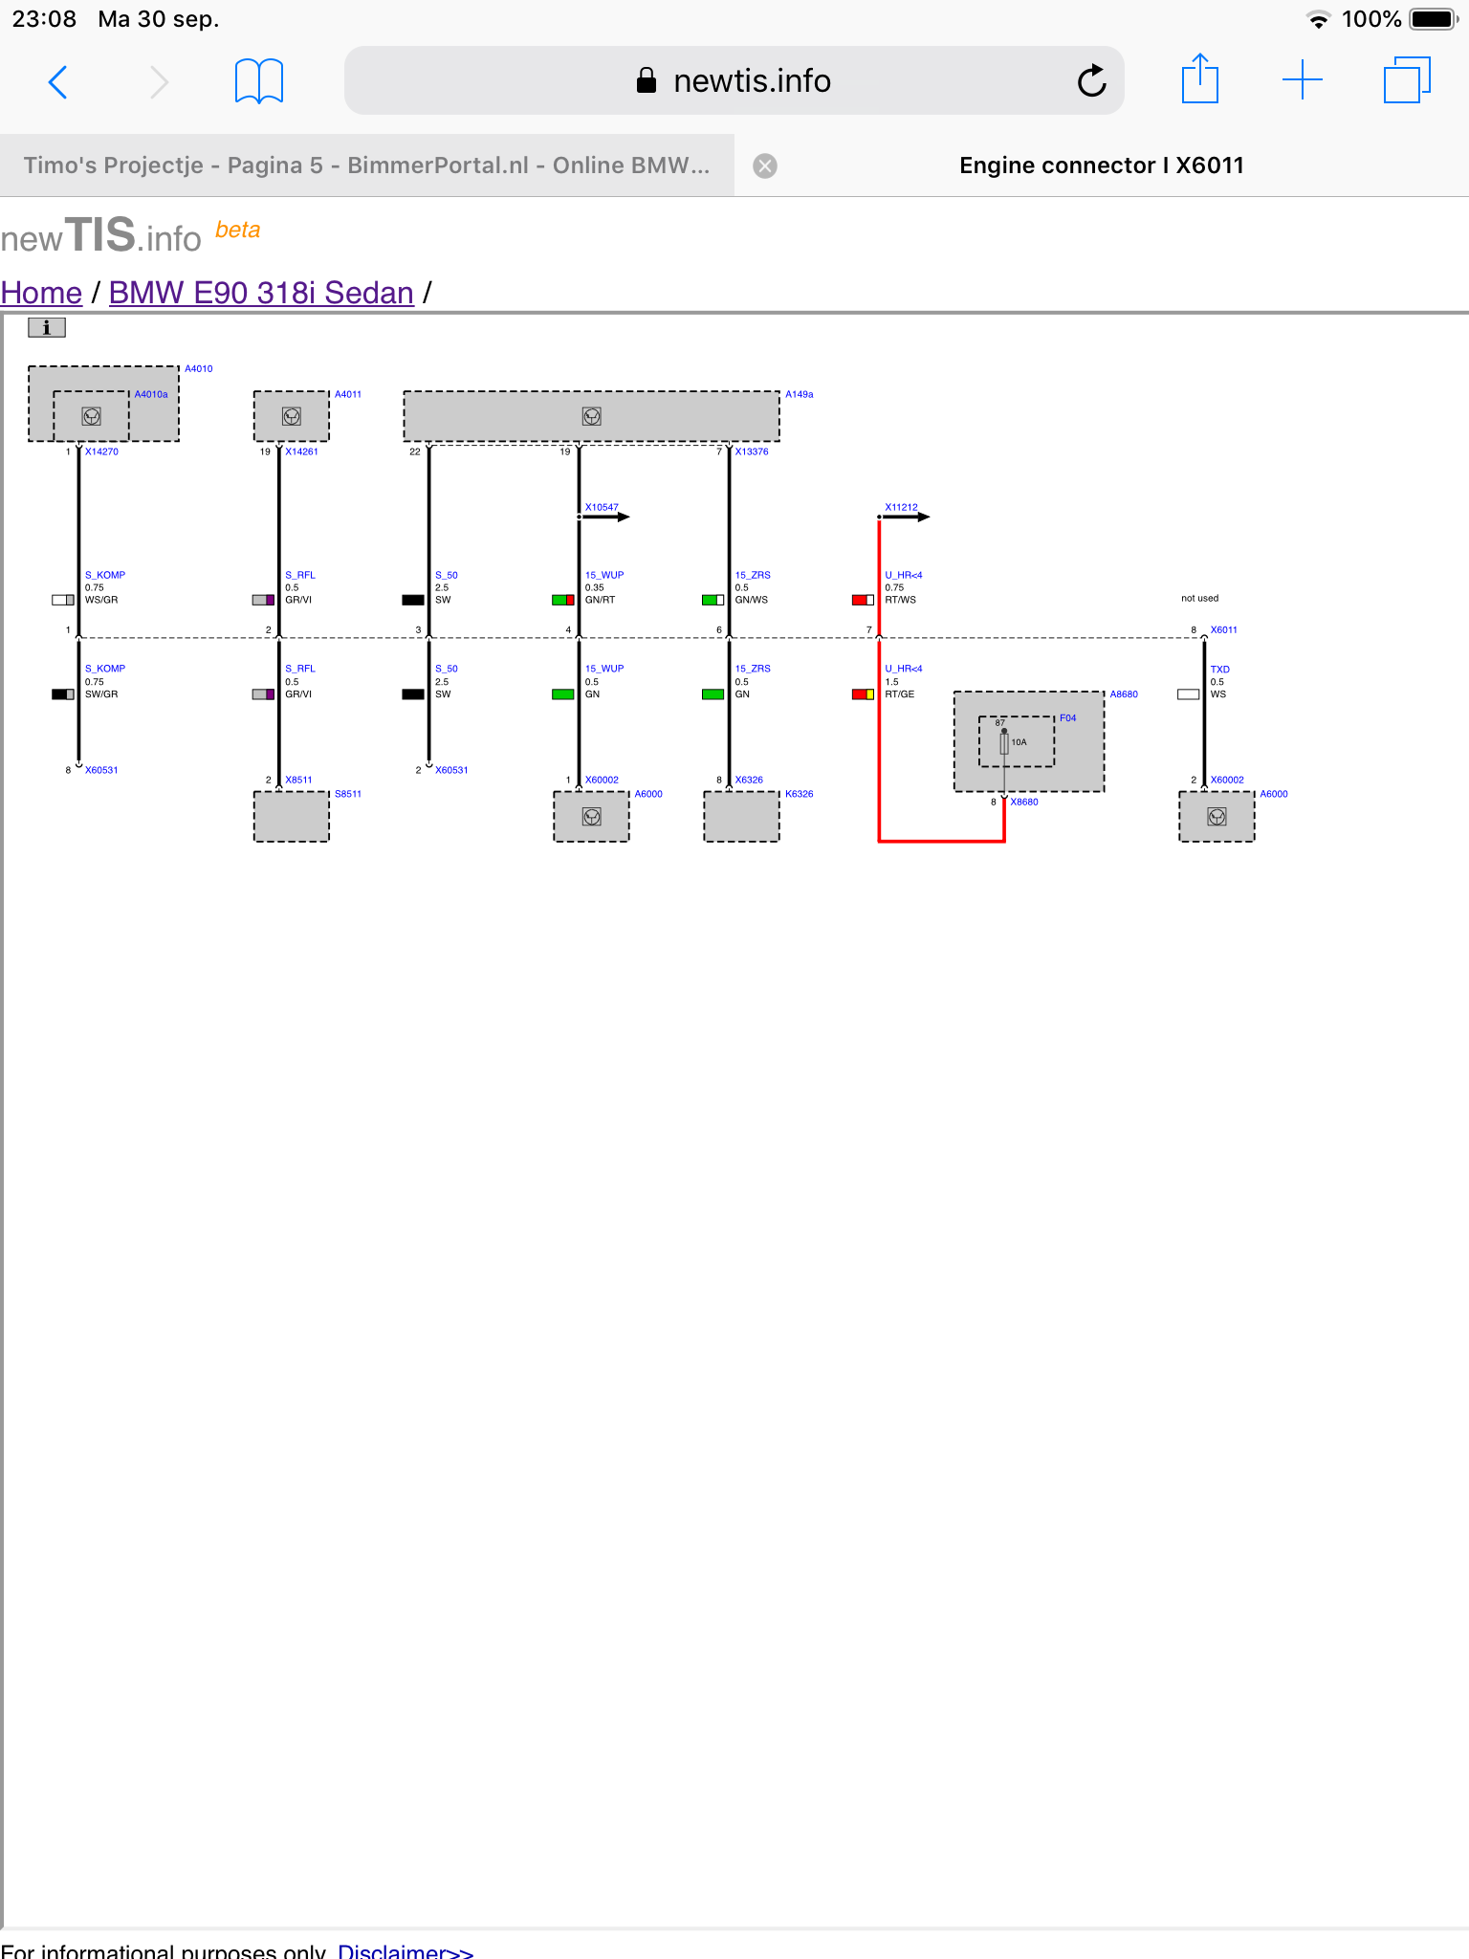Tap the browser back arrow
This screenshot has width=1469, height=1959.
point(58,82)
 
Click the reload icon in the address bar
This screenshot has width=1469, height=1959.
point(1091,81)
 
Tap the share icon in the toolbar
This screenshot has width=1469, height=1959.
point(1199,79)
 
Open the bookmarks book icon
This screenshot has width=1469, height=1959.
point(258,81)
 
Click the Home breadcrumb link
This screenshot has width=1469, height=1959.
point(41,293)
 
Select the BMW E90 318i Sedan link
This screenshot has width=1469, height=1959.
point(261,293)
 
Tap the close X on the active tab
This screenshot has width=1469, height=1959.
point(765,166)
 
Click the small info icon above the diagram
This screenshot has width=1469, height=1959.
point(46,327)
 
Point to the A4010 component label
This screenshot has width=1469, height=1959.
point(199,368)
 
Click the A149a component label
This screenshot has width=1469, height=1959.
point(800,394)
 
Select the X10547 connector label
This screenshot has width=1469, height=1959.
point(602,507)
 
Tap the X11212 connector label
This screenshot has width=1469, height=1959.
point(901,507)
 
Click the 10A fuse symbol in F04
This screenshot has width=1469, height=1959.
point(1004,742)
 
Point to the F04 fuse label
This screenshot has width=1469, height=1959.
point(1067,718)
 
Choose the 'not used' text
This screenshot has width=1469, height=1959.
point(1199,599)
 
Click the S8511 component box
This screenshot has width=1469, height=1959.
point(291,817)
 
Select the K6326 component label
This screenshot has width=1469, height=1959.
point(800,794)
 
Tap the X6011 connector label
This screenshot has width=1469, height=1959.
point(1223,629)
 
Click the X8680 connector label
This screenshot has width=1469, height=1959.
point(1024,803)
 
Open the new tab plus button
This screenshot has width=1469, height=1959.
point(1302,79)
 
